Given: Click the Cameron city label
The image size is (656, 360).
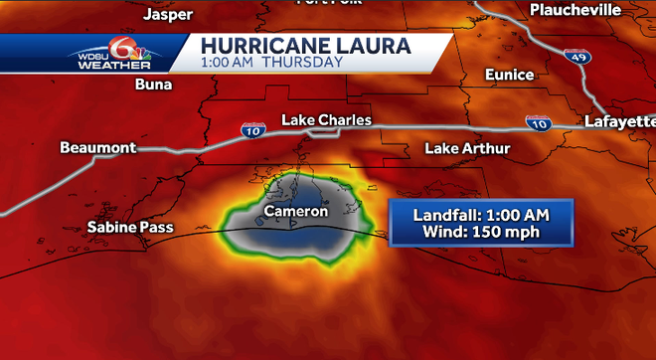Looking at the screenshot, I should [x=296, y=212].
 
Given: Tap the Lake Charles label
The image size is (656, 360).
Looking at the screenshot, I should [x=326, y=120].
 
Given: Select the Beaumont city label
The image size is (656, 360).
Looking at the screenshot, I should [x=97, y=147].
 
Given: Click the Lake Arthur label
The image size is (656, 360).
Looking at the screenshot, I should [x=467, y=148].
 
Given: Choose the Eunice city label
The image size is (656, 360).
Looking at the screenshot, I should [x=508, y=75].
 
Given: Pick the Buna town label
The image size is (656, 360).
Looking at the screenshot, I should [x=154, y=85].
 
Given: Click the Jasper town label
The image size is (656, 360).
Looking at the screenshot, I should [x=168, y=14].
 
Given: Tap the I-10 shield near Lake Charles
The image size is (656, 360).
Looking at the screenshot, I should [x=251, y=128].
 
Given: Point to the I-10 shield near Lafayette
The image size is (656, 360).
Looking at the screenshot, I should [x=539, y=122].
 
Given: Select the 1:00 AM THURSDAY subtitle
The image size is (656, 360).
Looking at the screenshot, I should [x=271, y=62].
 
